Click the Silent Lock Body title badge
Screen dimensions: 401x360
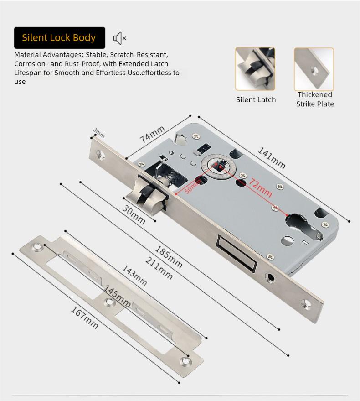(59, 38)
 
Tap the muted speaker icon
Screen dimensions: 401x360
(119, 38)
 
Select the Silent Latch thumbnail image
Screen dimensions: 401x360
(255, 69)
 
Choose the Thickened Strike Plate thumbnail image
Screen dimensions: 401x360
(314, 69)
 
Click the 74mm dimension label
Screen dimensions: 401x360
(152, 134)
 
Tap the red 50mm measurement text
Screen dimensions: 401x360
(193, 186)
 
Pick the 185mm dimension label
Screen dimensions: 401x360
(169, 257)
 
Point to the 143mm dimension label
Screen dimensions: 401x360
(134, 275)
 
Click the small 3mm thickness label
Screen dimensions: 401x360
(99, 133)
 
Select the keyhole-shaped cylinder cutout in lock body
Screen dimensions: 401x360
(303, 226)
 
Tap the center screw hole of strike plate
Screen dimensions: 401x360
(108, 302)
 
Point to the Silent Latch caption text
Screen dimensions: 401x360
(256, 99)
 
